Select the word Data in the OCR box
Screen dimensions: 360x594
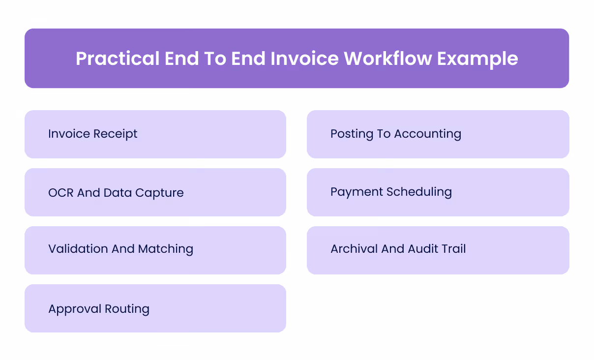click(118, 192)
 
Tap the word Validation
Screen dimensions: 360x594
click(78, 249)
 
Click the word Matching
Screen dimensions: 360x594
click(166, 249)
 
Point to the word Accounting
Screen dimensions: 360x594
click(427, 134)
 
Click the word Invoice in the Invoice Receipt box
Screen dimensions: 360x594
click(69, 134)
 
